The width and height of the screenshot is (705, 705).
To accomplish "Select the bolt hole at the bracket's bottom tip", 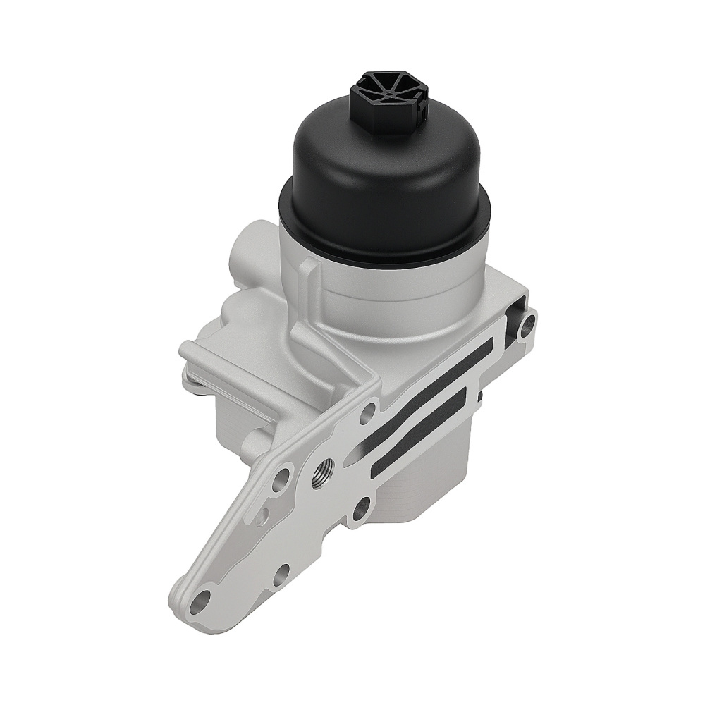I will click(x=202, y=601).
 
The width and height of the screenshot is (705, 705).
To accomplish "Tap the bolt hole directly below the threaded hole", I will click(x=360, y=508).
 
